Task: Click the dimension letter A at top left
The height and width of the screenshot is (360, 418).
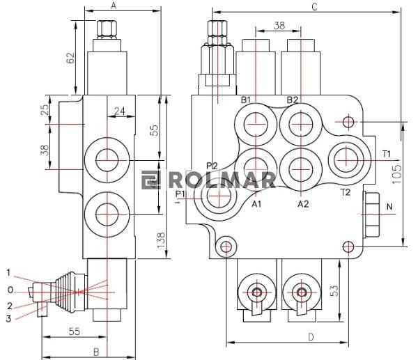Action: click(114, 6)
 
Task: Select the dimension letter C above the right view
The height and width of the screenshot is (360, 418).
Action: click(314, 6)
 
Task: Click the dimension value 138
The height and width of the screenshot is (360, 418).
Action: click(161, 240)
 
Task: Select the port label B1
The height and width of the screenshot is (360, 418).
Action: click(246, 100)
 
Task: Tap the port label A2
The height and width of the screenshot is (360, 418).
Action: click(303, 204)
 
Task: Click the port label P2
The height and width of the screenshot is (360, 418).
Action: click(212, 165)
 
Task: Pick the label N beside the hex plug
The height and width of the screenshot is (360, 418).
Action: click(389, 207)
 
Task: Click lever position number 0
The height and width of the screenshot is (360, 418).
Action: click(9, 289)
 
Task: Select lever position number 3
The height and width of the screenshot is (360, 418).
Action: click(9, 318)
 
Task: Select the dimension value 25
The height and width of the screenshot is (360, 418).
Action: click(45, 110)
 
